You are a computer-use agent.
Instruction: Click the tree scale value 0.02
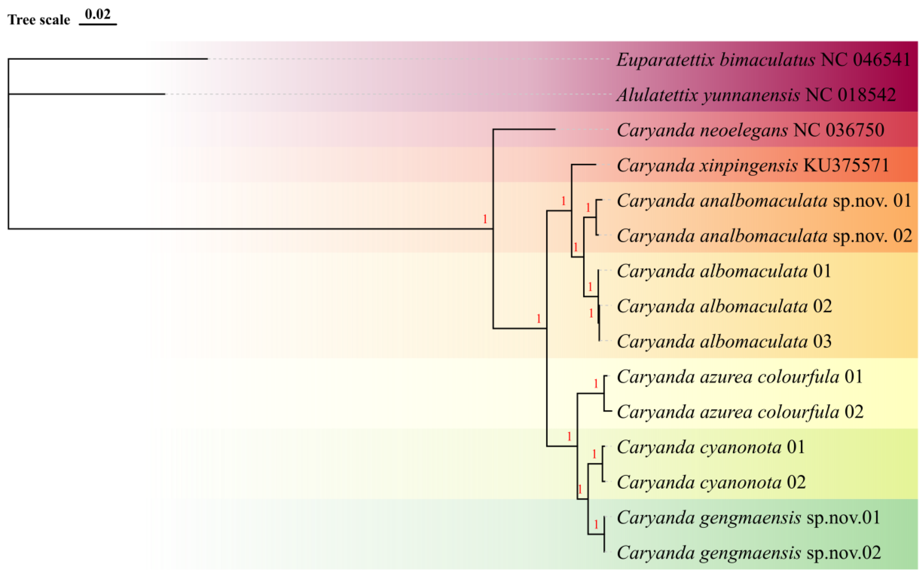pyautogui.click(x=98, y=15)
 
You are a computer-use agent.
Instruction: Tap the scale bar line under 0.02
pyautogui.click(x=98, y=24)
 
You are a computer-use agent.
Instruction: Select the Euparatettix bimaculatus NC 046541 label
pyautogui.click(x=763, y=60)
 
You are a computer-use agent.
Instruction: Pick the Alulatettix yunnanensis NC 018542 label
pyautogui.click(x=756, y=95)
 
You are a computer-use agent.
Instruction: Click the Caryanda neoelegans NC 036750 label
pyautogui.click(x=750, y=130)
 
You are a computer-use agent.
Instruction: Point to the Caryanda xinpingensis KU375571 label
pyautogui.click(x=753, y=166)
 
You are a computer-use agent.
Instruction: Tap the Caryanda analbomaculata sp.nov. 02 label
pyautogui.click(x=764, y=236)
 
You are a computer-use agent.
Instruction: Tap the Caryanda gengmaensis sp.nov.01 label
pyautogui.click(x=748, y=518)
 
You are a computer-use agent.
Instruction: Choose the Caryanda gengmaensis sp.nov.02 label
pyautogui.click(x=748, y=553)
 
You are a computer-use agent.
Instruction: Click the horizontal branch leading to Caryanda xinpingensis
pyautogui.click(x=584, y=165)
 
